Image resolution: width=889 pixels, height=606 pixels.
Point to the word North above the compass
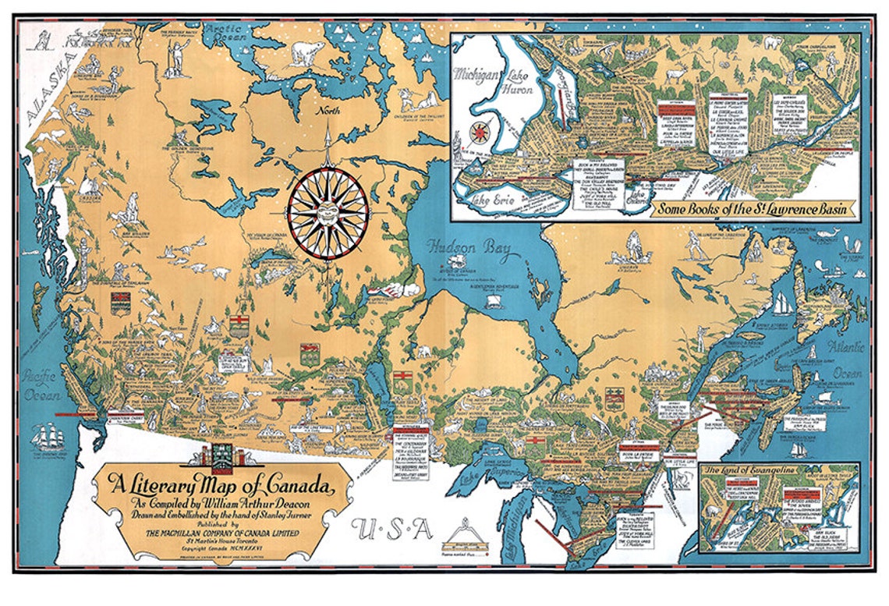pyautogui.click(x=328, y=111)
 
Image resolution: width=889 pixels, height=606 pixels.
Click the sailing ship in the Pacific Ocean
pyautogui.click(x=48, y=437)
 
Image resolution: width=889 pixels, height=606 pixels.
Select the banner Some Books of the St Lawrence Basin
pyautogui.click(x=753, y=209)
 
